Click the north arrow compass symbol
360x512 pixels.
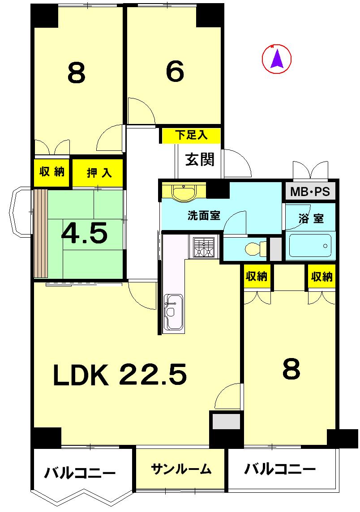(x=277, y=59)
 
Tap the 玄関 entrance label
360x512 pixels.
(x=200, y=159)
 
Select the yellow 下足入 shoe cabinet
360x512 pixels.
(x=191, y=135)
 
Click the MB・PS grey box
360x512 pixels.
(x=310, y=192)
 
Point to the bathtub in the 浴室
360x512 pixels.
(x=310, y=245)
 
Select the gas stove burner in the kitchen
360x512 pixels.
(x=204, y=247)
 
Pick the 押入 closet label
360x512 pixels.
(x=99, y=172)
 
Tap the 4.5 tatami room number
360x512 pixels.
(x=85, y=233)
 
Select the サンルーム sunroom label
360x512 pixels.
(x=181, y=469)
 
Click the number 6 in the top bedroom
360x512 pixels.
(x=175, y=72)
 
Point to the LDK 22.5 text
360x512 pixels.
(x=120, y=375)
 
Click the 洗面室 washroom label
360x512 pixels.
(x=203, y=215)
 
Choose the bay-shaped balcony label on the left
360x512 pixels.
(x=80, y=472)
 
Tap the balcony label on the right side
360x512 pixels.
(x=280, y=469)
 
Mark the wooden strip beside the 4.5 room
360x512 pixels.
(x=41, y=233)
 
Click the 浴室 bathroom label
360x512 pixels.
(x=311, y=219)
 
